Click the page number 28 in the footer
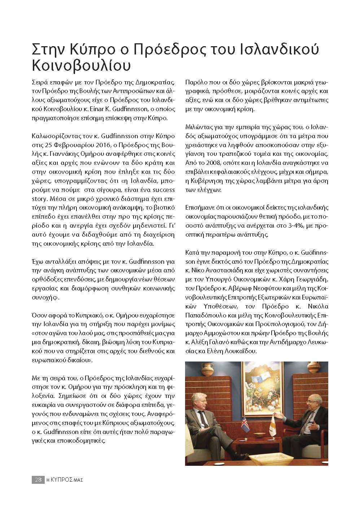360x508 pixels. pyautogui.click(x=37, y=480)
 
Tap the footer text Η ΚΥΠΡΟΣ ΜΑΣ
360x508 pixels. pyautogui.click(x=65, y=480)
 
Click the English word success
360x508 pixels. pyautogui.click(x=164, y=190)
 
